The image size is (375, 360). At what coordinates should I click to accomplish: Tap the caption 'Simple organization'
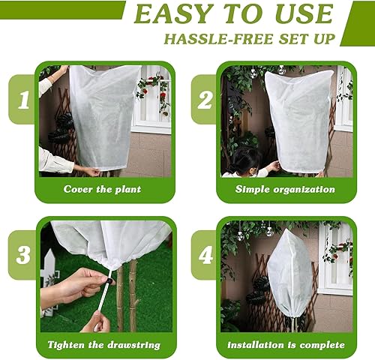(284, 189)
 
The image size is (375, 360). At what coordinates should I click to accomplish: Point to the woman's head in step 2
(248, 159)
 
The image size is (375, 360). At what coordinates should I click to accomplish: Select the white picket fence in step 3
(49, 274)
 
